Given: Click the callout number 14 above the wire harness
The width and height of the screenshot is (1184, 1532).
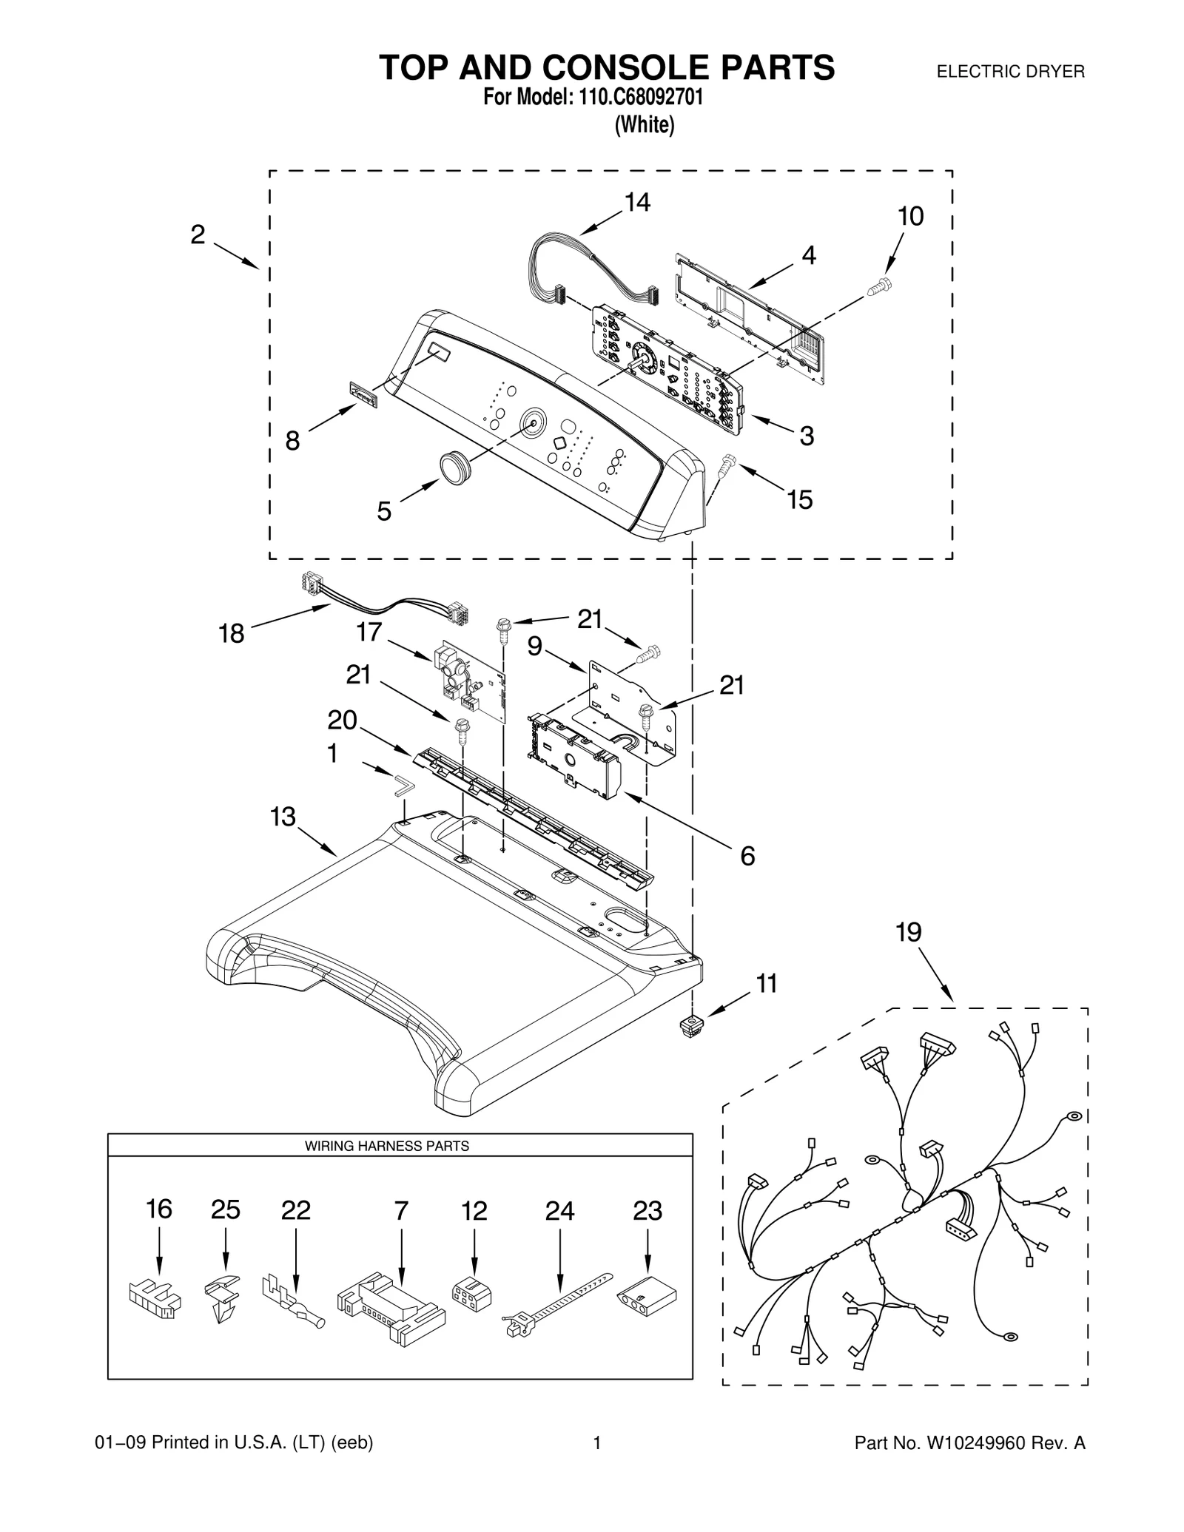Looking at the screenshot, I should click(x=637, y=202).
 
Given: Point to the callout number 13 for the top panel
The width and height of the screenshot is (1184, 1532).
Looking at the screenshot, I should click(x=283, y=817).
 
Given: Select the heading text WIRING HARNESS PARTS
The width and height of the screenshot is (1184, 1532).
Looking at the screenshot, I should click(x=387, y=1146).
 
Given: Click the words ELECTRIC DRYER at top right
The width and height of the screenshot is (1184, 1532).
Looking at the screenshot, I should click(x=1010, y=72).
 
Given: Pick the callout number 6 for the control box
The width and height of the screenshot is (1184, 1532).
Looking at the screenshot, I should click(x=747, y=856).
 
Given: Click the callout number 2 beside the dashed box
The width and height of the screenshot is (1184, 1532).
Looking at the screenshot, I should click(x=198, y=235).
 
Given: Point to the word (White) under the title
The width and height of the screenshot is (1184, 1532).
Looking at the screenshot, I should click(x=645, y=125).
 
